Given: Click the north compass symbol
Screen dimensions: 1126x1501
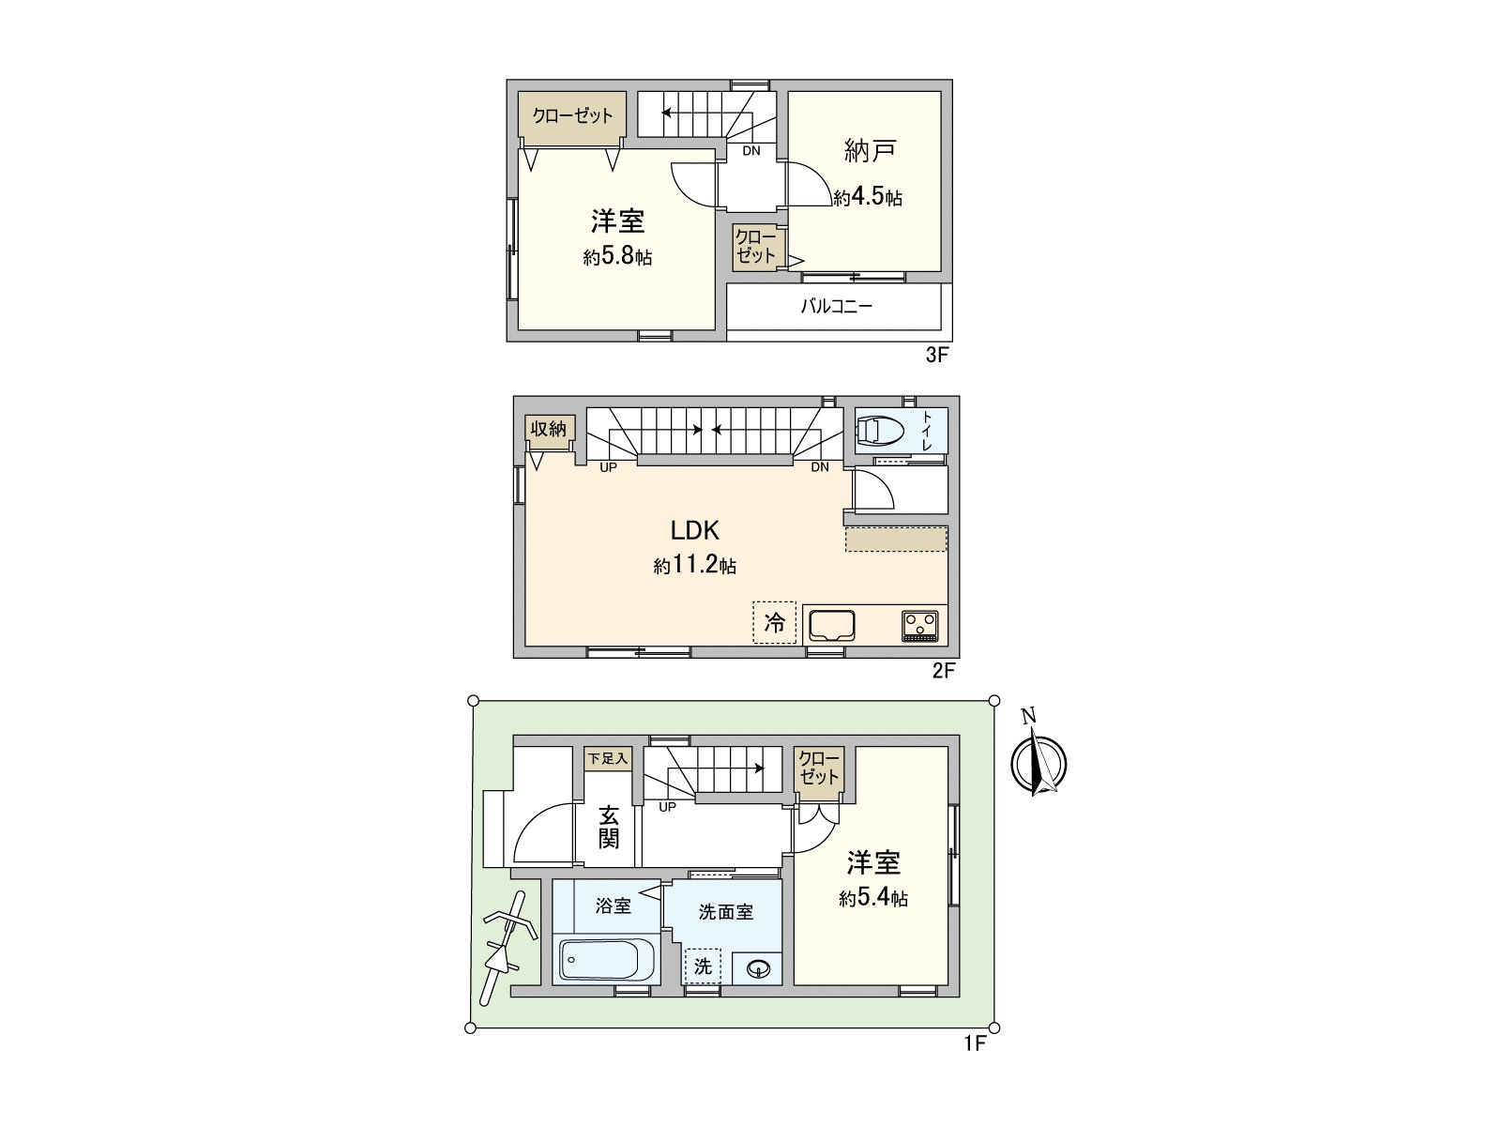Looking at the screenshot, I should pos(1039,761).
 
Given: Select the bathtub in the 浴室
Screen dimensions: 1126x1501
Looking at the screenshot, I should pos(597,959).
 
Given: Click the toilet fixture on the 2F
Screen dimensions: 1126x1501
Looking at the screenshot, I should pos(880,431).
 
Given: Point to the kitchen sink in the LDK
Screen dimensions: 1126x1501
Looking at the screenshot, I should pos(831,624).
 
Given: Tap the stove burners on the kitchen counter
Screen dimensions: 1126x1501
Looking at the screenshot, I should pos(920,624).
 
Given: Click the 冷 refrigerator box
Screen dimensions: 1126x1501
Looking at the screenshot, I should pos(774,622).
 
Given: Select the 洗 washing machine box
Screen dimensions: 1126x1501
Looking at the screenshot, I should pos(703,966).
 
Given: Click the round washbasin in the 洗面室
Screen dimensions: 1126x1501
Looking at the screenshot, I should pos(757,967).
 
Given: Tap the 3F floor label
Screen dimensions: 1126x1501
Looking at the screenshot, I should pos(937,356).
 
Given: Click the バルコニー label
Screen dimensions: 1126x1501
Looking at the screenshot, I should pos(836,306).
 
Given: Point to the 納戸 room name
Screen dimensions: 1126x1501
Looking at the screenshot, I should pos(870,149).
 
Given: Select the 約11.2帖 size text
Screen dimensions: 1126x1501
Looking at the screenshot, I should pos(694,566).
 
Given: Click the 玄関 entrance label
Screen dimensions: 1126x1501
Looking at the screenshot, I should pos(609,827).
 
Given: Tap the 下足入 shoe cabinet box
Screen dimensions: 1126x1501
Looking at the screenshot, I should pos(608,758).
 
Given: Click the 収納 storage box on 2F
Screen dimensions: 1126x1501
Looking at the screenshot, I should pos(549,429).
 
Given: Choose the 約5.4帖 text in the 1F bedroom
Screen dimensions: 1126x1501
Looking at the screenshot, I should pos(872,898).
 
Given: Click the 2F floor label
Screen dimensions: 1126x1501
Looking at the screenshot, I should pos(943,670).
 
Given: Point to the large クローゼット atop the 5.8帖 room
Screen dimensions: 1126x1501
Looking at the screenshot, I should pos(572,115).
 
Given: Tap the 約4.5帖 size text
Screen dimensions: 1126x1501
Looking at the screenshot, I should pos(868,198).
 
